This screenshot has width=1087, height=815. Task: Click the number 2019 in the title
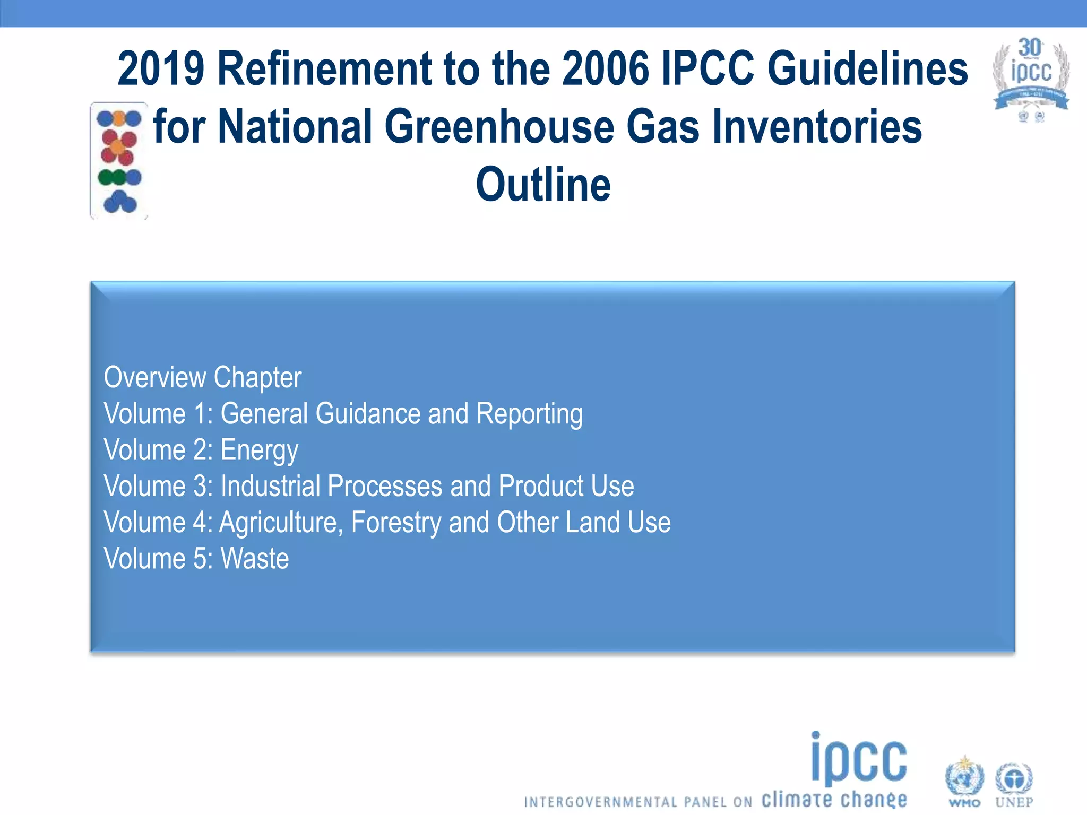click(x=161, y=69)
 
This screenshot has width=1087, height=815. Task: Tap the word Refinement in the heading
click(x=323, y=69)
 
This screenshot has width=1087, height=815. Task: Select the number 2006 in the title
click(x=606, y=69)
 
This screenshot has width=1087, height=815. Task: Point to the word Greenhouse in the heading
click(x=498, y=127)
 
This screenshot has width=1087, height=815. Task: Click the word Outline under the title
click(x=543, y=185)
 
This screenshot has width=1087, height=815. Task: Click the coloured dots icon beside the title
click(x=119, y=160)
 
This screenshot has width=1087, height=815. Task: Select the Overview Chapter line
click(x=202, y=378)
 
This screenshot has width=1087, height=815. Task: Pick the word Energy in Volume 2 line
click(x=259, y=450)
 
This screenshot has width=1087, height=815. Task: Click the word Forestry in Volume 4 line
click(x=396, y=523)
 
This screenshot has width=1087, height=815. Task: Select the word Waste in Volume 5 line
click(x=255, y=559)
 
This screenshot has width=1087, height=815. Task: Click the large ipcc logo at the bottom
click(x=859, y=759)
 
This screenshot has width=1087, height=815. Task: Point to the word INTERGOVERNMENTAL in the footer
click(x=600, y=802)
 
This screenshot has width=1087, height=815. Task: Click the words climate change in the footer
click(x=834, y=799)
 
